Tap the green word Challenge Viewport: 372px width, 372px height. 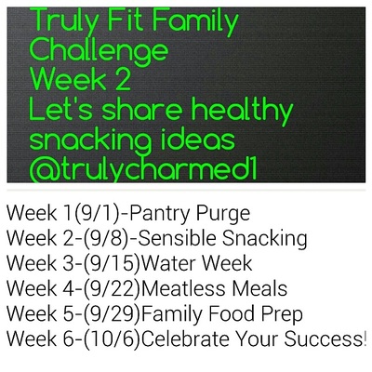click(x=99, y=51)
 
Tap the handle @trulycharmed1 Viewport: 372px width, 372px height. click(x=143, y=169)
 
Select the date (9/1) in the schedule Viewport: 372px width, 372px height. click(x=98, y=214)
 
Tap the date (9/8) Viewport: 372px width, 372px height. click(x=106, y=239)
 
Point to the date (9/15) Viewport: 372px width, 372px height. click(x=112, y=264)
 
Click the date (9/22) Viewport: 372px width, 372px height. click(x=112, y=289)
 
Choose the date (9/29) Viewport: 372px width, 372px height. click(x=112, y=314)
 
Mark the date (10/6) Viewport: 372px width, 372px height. click(x=112, y=339)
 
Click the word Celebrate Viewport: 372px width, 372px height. click(x=185, y=339)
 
